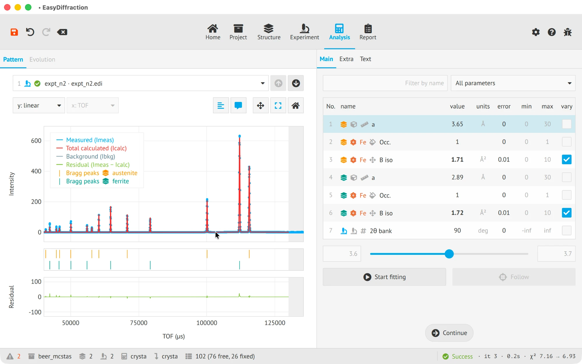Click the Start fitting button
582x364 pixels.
(x=384, y=277)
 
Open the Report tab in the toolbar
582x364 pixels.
(x=368, y=32)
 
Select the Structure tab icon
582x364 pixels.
(x=269, y=28)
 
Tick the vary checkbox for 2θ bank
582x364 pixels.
(x=566, y=230)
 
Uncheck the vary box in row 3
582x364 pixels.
(x=566, y=159)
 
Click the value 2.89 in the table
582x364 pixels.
(x=457, y=177)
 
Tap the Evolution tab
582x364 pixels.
(x=42, y=59)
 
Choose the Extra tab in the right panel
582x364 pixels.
(x=346, y=59)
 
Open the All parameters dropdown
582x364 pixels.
(x=513, y=83)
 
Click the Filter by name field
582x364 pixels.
(x=385, y=83)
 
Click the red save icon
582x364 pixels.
(x=14, y=32)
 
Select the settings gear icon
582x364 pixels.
(x=535, y=32)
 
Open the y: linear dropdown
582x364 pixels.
(x=39, y=105)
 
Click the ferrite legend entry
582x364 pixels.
(x=120, y=181)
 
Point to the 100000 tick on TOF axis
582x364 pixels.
(x=207, y=323)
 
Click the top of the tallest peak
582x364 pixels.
(x=240, y=136)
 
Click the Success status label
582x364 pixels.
(x=462, y=356)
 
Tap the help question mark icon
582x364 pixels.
(x=551, y=32)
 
